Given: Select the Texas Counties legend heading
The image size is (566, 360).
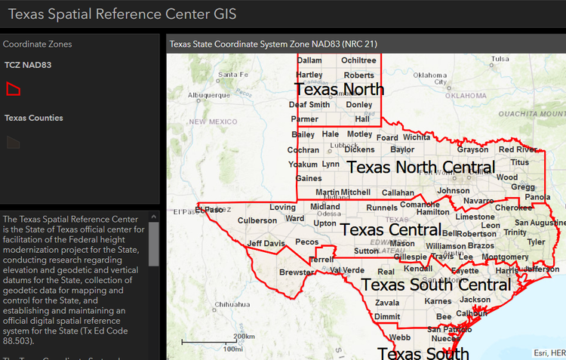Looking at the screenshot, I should [33, 118].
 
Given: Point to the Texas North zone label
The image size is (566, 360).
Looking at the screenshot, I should [339, 89].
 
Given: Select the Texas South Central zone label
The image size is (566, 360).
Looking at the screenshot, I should [436, 285].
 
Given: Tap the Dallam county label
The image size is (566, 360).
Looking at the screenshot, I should [309, 60].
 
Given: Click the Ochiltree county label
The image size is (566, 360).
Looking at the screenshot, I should [358, 60].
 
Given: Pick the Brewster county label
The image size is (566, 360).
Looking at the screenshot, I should [296, 272].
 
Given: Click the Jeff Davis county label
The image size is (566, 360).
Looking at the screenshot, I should [266, 244].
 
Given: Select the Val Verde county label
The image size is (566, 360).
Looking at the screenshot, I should [347, 270].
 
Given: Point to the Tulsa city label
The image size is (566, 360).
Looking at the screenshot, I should [500, 58].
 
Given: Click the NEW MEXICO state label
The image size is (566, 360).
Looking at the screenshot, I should [213, 122].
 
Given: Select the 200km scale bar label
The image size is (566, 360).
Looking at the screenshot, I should [243, 337].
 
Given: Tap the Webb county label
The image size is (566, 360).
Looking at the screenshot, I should [400, 337].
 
